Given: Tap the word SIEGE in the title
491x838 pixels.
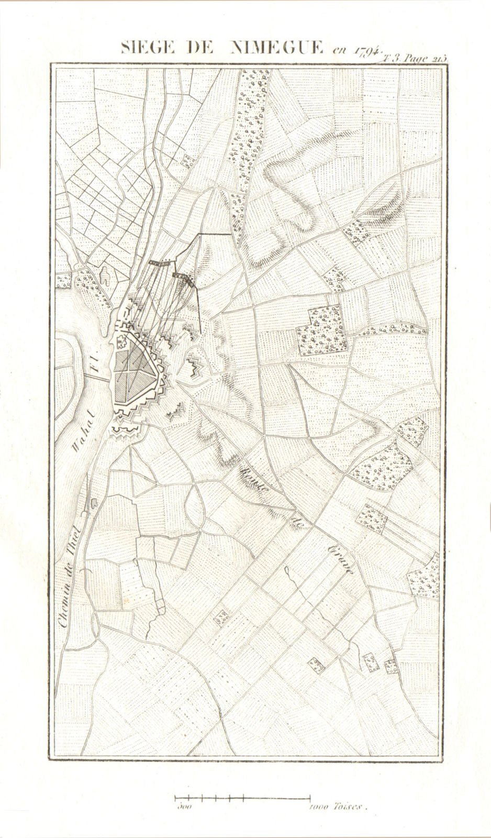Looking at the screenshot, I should [144, 49].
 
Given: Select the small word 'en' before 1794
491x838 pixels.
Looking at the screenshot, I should [340, 51].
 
